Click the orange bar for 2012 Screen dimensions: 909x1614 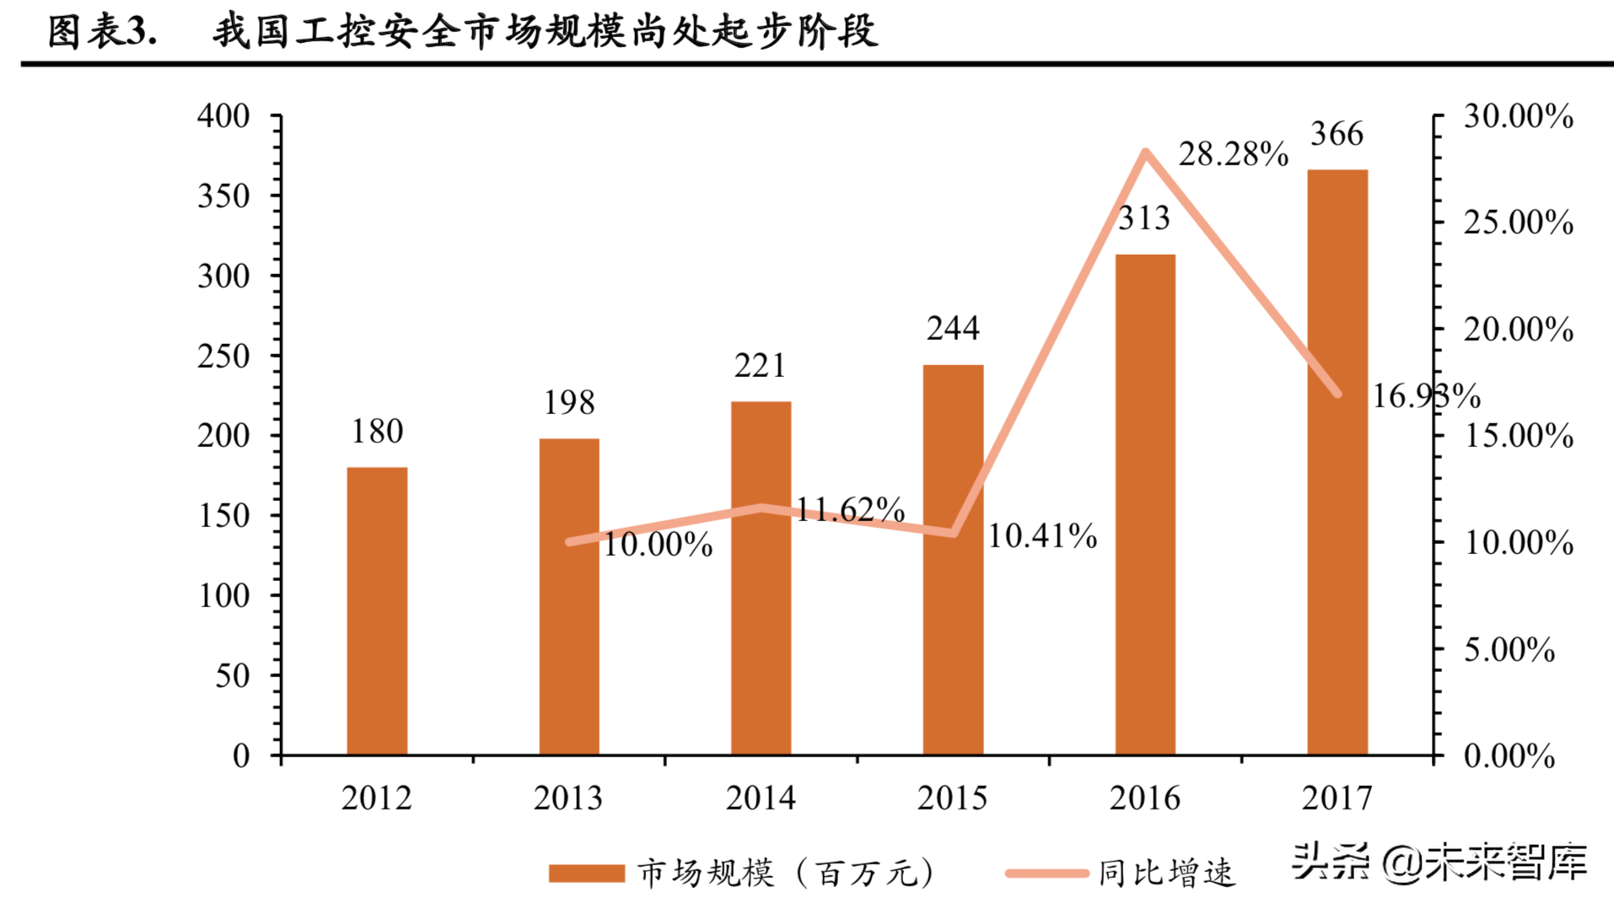pos(377,610)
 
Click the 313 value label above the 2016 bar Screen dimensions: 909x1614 pos(1144,218)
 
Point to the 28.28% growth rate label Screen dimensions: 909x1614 pos(1233,154)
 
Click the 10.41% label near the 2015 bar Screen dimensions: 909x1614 pos(1042,536)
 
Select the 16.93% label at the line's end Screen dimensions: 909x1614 pos(1426,395)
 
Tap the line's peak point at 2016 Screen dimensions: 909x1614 pos(1145,153)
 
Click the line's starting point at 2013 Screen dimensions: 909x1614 pos(570,541)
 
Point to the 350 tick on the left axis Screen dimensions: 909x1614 pos(223,196)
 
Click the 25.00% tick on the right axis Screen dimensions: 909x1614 pos(1518,223)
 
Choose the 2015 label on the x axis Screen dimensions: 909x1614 pos(952,798)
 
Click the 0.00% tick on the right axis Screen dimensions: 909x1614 pos(1509,756)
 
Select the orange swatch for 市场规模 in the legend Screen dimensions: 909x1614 pos(586,873)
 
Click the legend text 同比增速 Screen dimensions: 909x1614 pos(1166,873)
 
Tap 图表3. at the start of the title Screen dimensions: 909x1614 pos(102,32)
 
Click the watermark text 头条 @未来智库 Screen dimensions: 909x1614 pos(1439,862)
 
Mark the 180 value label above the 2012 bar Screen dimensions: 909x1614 pos(377,432)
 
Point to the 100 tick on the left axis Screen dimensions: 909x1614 pos(223,596)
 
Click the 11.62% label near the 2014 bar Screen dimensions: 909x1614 pos(850,509)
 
